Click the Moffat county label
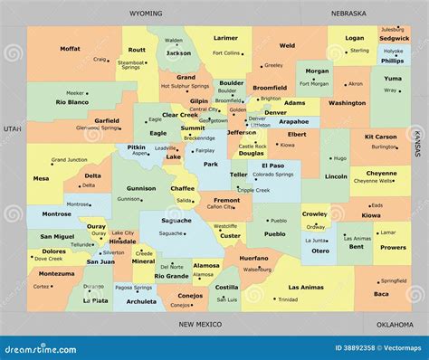(70, 48)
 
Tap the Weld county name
(287, 45)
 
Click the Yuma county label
(391, 78)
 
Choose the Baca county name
(381, 293)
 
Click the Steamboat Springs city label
(131, 64)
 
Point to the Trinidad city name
(288, 298)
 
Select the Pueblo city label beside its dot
(278, 220)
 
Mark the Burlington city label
(384, 147)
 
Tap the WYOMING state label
(146, 14)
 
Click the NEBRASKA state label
(348, 14)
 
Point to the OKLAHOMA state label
(394, 323)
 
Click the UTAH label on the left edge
(11, 129)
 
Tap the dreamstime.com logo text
(43, 347)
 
